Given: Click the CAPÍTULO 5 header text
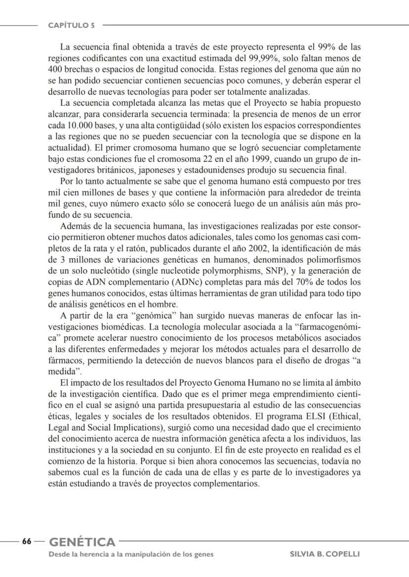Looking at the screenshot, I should (x=72, y=25).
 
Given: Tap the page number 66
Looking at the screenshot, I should (x=26, y=541).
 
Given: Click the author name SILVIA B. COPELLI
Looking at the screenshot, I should (x=325, y=554).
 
